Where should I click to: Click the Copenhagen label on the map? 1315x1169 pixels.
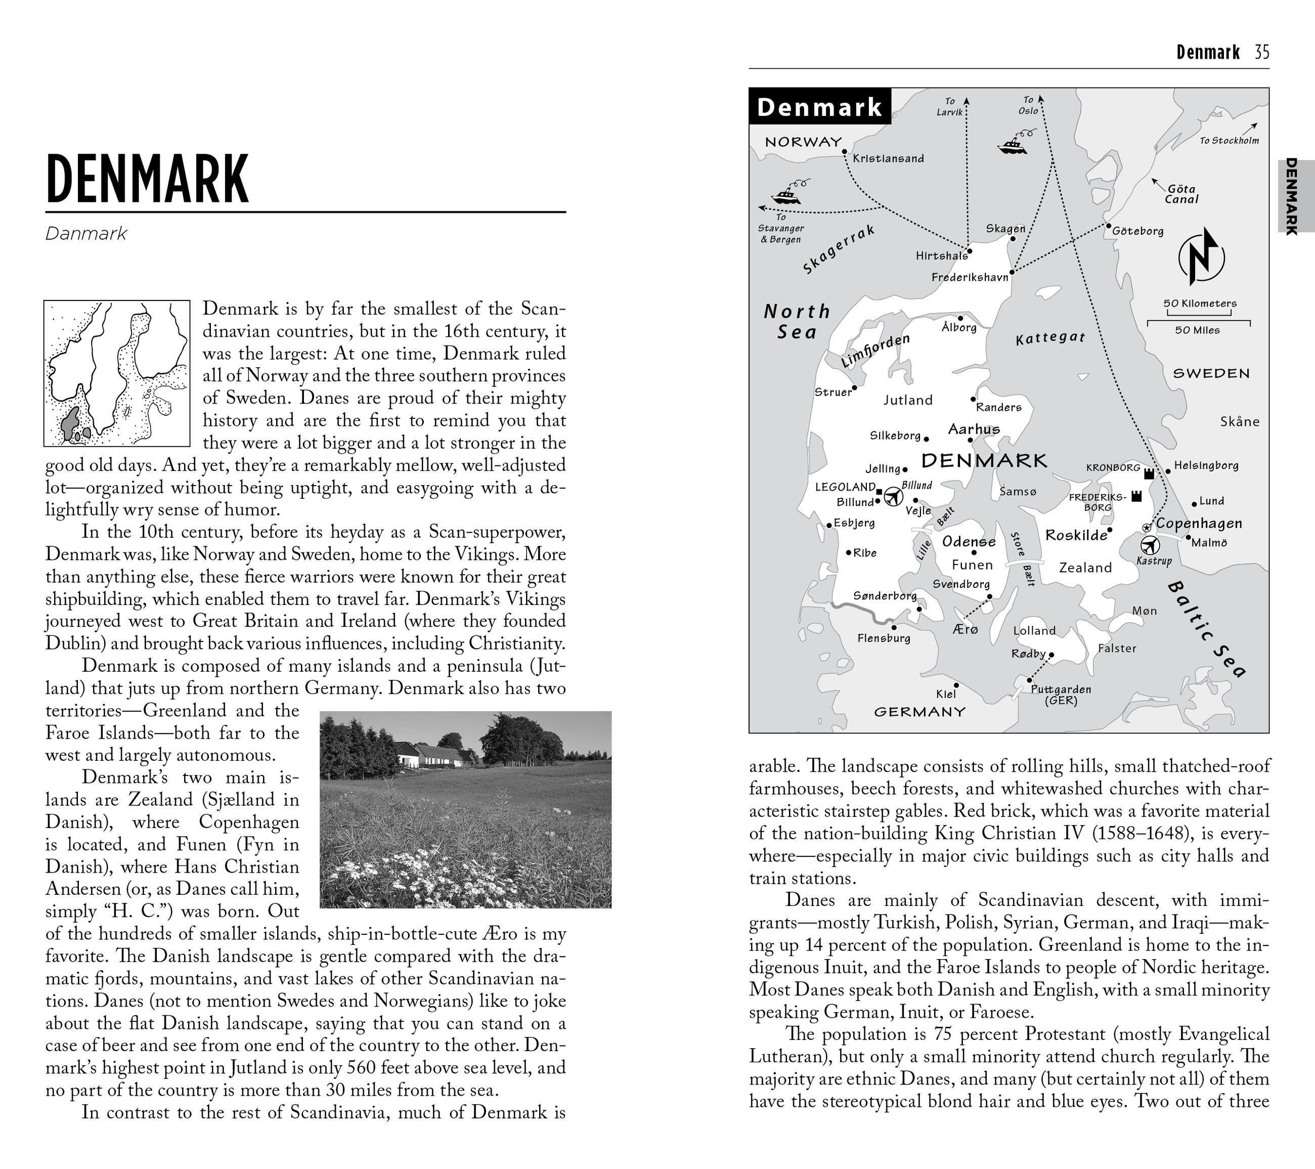click(x=1199, y=523)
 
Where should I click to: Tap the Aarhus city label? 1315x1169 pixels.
click(x=974, y=429)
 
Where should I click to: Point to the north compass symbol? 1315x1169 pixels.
click(x=1201, y=257)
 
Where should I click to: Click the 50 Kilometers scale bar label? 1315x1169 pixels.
click(x=1200, y=303)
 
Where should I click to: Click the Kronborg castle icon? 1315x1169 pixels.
click(x=1149, y=473)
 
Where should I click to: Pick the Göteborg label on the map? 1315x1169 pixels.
click(x=1137, y=231)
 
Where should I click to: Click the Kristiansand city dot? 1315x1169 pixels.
click(x=845, y=152)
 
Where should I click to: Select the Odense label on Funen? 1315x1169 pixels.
click(x=969, y=542)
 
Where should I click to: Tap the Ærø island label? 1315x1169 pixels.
click(x=965, y=629)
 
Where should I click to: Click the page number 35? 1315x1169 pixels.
click(x=1261, y=52)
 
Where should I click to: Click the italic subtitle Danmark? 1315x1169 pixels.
click(x=86, y=234)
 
